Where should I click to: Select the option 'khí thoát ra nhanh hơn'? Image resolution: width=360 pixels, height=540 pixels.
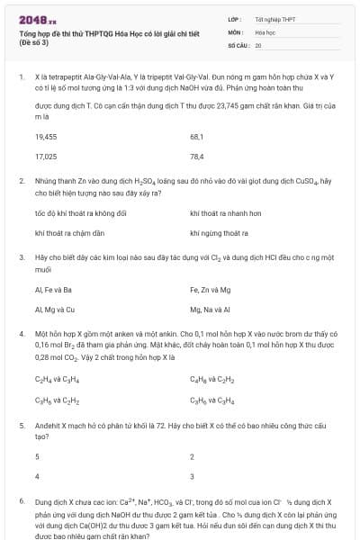tap(226, 213)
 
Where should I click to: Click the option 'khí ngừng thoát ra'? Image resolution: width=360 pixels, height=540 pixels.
tap(220, 232)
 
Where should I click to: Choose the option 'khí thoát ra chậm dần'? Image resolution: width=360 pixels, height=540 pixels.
tap(70, 232)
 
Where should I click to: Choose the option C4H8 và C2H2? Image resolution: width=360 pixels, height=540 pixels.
tap(212, 379)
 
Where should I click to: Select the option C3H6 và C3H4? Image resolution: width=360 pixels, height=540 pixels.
tap(212, 399)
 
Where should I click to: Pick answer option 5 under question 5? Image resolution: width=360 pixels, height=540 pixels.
tap(37, 456)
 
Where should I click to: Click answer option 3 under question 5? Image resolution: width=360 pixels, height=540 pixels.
tap(193, 475)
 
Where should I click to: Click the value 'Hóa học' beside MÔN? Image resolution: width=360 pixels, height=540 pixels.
tap(265, 31)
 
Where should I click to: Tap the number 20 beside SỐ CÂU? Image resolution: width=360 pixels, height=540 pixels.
tap(258, 44)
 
